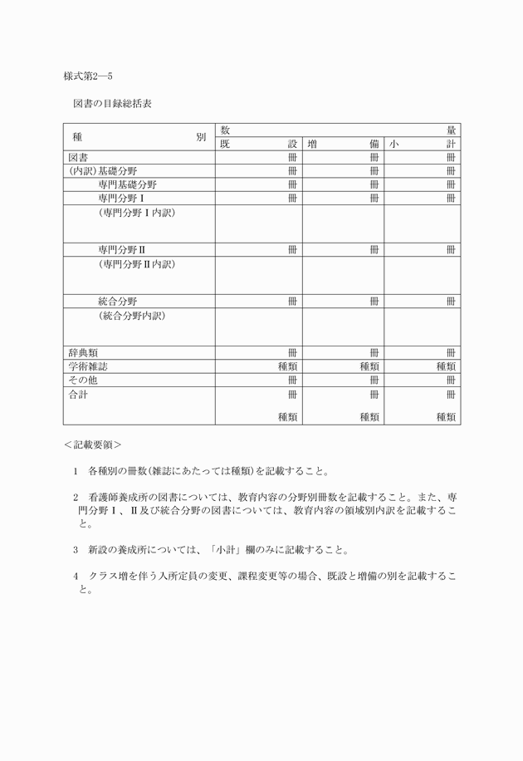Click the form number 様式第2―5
tap(88, 76)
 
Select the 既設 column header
tap(258, 144)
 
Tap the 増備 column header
tap(343, 144)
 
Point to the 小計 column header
tap(422, 144)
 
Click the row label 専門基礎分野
tap(127, 184)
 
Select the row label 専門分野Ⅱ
tap(121, 249)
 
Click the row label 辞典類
tap(83, 352)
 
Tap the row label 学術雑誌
tap(88, 366)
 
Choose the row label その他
tap(83, 379)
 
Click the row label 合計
tap(78, 394)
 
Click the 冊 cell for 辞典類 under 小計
tap(451, 352)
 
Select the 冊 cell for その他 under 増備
tap(374, 379)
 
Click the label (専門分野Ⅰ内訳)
tap(136, 213)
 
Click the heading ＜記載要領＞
tap(92, 444)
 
